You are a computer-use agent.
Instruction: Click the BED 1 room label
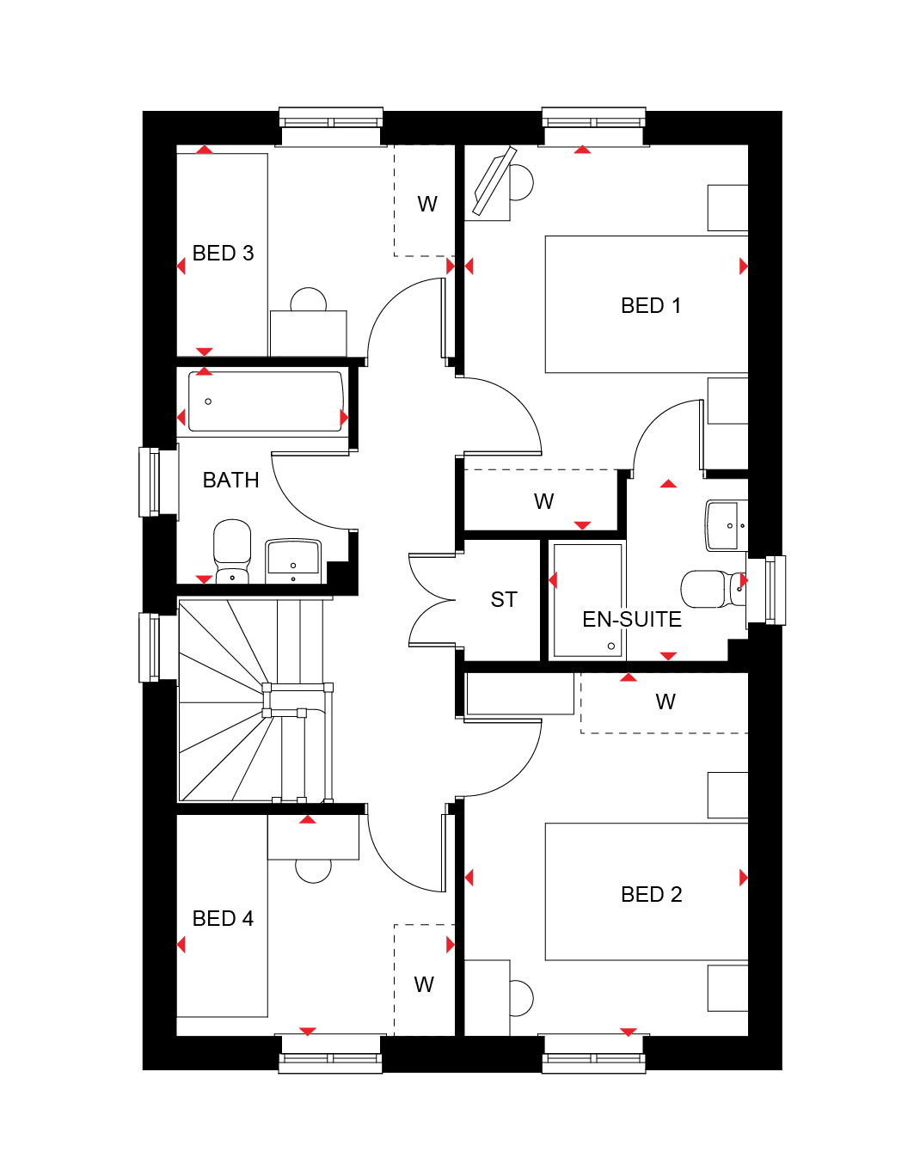650,306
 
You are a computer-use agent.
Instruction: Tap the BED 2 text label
651,895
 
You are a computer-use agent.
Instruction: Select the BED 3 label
223,254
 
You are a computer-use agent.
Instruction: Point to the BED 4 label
223,918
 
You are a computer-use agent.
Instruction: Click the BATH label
230,480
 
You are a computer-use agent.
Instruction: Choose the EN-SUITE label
631,619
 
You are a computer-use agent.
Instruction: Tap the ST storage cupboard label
504,600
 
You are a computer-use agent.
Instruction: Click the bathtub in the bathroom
266,401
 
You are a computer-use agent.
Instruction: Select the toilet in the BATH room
232,552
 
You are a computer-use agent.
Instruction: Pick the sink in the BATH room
292,560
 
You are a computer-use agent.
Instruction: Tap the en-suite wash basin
727,525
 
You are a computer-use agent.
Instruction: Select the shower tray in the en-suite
587,601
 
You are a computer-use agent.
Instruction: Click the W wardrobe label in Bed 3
427,204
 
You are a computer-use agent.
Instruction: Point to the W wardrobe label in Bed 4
424,985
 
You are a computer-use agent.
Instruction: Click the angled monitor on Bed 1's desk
494,181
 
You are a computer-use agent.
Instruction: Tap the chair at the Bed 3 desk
309,299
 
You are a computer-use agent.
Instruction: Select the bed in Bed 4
222,916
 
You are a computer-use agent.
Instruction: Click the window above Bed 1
593,126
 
